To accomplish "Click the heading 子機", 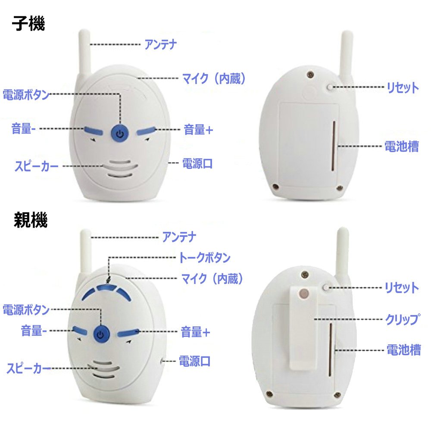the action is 28,23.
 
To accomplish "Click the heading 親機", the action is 31,220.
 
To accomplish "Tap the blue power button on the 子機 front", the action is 119,134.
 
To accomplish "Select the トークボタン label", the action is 204,258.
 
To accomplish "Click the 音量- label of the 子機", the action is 24,128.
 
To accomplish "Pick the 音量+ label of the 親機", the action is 195,332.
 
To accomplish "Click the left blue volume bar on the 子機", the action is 94,131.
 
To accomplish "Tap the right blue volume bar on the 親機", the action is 128,332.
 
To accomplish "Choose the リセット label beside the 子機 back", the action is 403,87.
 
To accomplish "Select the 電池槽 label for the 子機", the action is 402,146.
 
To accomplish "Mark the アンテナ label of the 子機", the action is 161,44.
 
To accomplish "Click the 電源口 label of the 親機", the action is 195,361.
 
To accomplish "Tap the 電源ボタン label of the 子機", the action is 26,94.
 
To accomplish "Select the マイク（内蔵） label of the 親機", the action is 212,278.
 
